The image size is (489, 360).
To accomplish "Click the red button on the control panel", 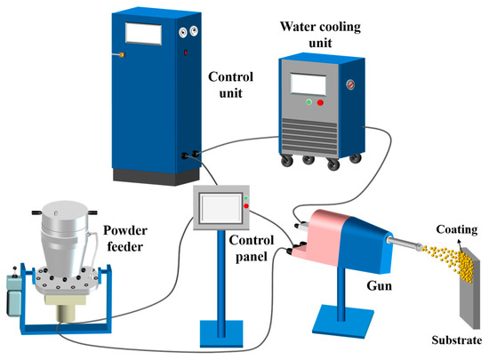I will (x=246, y=207).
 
